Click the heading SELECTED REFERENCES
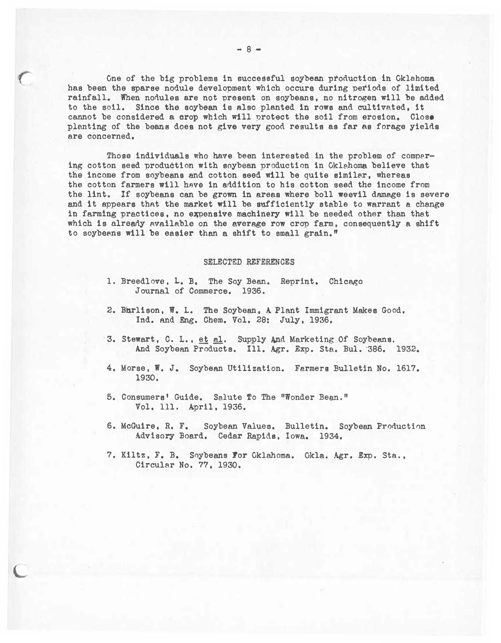pos(249,262)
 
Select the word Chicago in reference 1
pos(346,281)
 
